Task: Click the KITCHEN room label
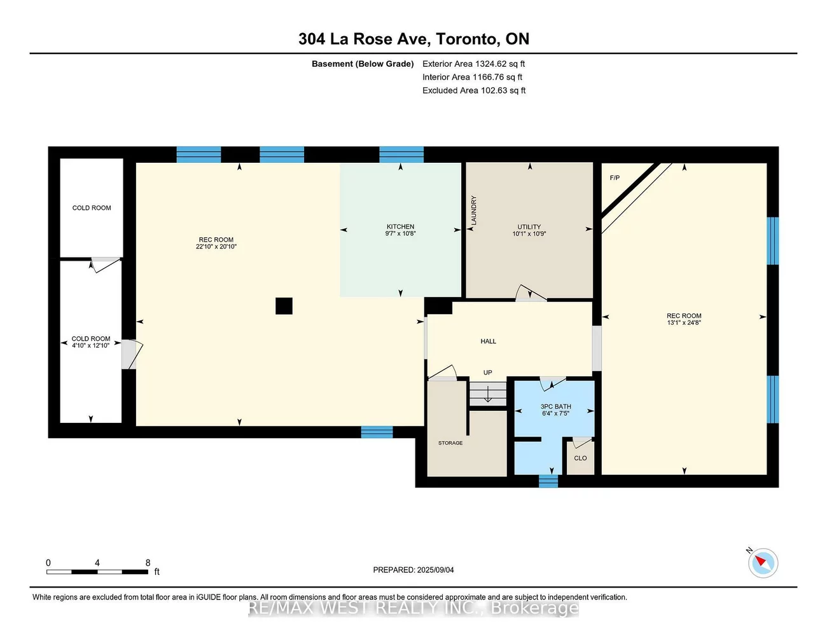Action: click(x=400, y=226)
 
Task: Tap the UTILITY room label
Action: click(x=529, y=227)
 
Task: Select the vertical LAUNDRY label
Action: click(x=473, y=210)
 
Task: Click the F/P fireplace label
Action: click(x=615, y=178)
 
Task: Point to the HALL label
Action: click(x=488, y=341)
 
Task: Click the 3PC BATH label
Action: click(x=555, y=406)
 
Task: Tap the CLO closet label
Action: click(x=580, y=458)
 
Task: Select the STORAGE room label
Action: click(x=450, y=443)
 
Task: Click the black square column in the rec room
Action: click(x=284, y=306)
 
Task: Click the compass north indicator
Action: click(x=762, y=563)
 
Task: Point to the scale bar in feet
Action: click(x=97, y=572)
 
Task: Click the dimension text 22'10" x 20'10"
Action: click(x=216, y=247)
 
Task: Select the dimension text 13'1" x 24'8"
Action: click(x=684, y=323)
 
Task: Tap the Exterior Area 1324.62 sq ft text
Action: click(x=473, y=64)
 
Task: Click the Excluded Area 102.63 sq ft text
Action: click(x=474, y=90)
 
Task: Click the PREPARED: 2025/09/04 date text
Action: click(x=413, y=570)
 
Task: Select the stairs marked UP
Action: click(x=488, y=394)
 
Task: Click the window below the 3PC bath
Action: click(x=548, y=481)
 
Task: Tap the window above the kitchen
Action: click(x=401, y=155)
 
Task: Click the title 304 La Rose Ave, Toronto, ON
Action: click(x=413, y=39)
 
